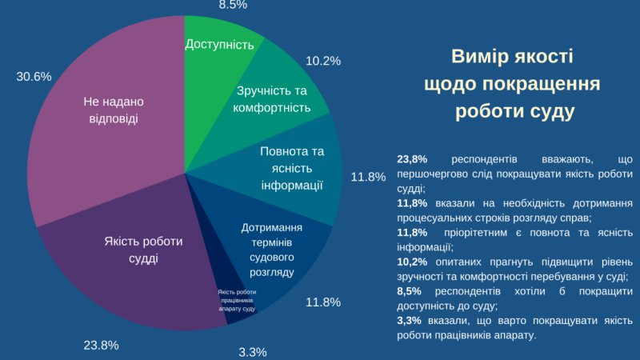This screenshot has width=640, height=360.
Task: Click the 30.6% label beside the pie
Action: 34,77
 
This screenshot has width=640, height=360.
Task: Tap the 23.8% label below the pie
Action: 101,346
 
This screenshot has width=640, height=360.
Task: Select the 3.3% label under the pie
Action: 253,352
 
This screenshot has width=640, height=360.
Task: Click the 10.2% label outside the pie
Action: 323,60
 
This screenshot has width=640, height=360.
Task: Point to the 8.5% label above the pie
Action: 233,5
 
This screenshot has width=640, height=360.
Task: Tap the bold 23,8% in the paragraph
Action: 412,159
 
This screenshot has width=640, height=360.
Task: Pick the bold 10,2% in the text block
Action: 412,262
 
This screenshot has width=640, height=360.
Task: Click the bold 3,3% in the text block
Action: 409,320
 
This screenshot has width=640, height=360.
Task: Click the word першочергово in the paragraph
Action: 435,174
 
